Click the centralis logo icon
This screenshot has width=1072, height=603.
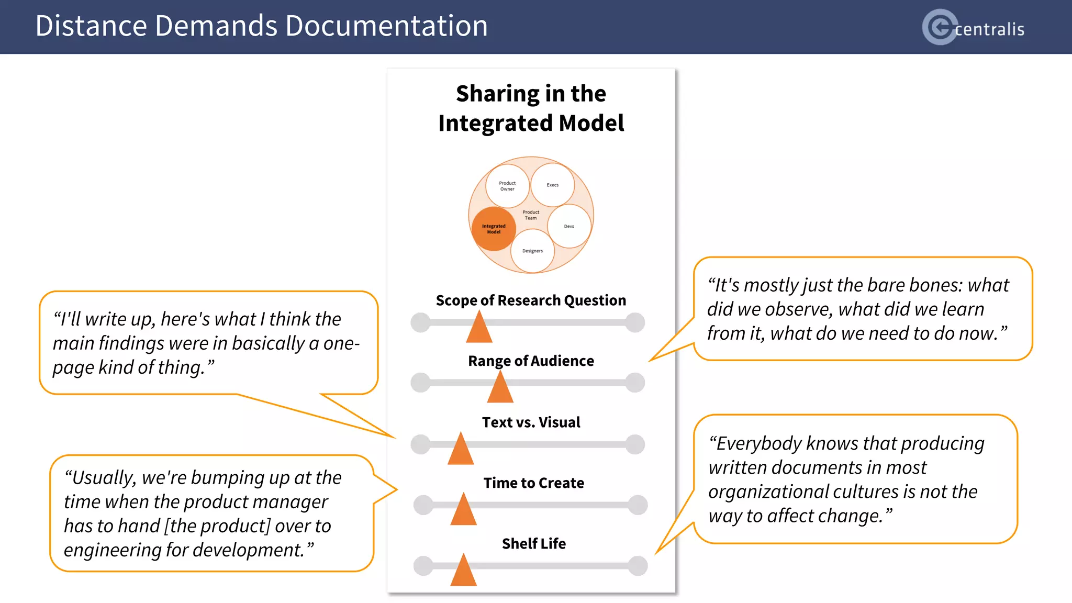click(x=940, y=27)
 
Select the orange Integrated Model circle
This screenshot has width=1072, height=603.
click(x=494, y=229)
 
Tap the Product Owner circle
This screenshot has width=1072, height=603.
click(x=507, y=186)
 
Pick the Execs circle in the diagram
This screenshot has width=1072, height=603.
click(x=552, y=185)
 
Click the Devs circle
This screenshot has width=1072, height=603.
click(x=569, y=226)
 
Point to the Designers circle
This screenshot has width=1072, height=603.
click(x=532, y=251)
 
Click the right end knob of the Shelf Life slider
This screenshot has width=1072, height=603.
click(x=638, y=566)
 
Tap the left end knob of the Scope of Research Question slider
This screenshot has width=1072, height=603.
click(x=420, y=322)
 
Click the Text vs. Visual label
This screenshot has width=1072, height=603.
click(x=531, y=422)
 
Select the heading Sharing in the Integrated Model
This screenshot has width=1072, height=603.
click(x=531, y=108)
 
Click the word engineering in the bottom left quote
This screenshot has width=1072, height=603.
click(x=113, y=550)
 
